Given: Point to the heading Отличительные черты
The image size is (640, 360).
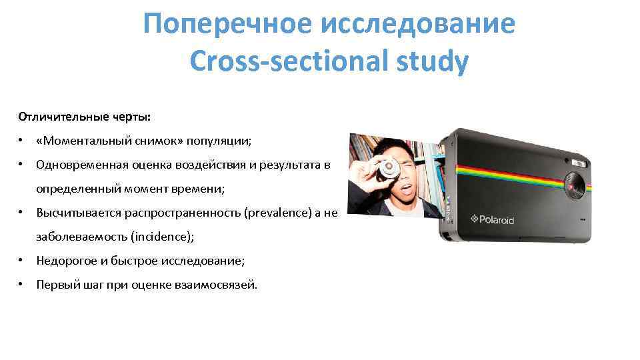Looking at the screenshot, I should pyautogui.click(x=85, y=117).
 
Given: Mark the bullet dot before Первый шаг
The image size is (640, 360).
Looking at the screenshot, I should pyautogui.click(x=22, y=285).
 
